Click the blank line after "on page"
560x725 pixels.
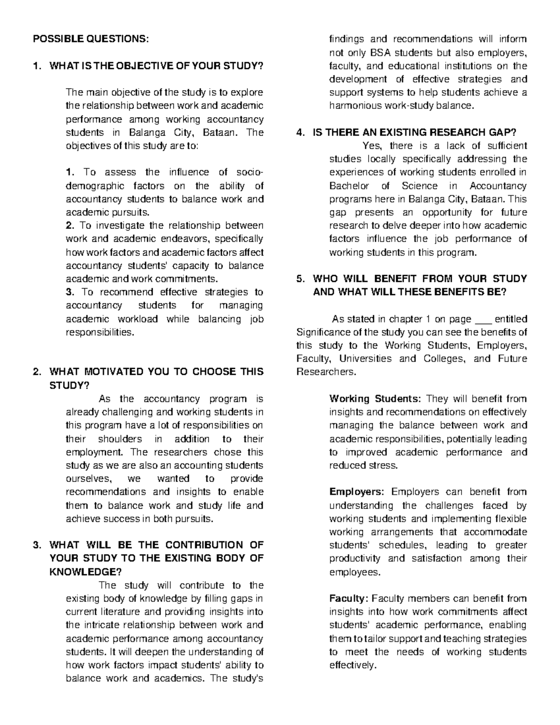(x=483, y=319)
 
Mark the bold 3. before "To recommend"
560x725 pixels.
(x=70, y=292)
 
